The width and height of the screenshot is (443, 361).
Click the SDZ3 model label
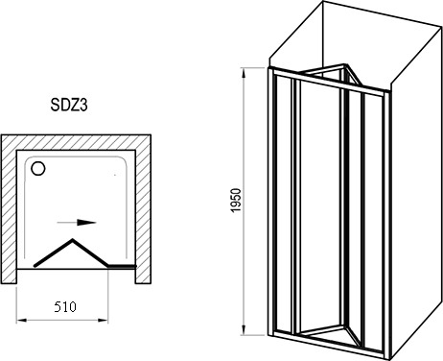point(69,105)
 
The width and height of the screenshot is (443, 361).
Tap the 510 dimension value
point(65,307)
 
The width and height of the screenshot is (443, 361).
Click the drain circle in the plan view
point(38,168)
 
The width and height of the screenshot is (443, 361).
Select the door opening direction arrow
point(77,223)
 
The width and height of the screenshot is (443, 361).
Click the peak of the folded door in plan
point(73,239)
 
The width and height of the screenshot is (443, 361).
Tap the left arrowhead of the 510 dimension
point(21,320)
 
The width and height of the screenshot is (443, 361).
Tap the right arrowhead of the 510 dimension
point(103,320)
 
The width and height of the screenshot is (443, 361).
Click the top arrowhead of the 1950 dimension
point(244,73)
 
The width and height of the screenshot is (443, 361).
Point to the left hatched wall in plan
point(9,208)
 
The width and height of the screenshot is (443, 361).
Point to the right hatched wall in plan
point(143,208)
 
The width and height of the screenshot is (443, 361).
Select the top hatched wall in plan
point(76,142)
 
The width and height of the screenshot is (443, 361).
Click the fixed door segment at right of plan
point(122,266)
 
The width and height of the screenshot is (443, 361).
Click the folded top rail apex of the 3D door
point(344,65)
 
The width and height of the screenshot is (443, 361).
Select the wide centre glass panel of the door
point(319,208)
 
